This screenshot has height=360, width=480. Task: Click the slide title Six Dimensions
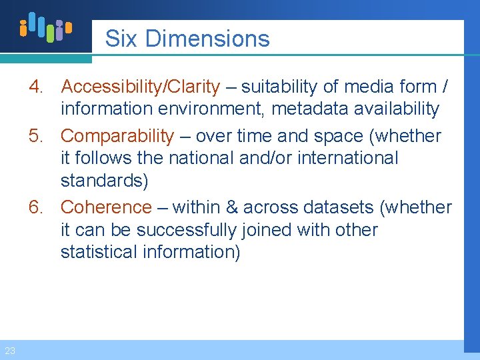[x=187, y=39]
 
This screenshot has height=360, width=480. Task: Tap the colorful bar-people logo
[x=45, y=27]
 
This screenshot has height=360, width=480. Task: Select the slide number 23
[x=9, y=351]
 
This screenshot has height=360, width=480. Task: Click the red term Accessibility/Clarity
[x=140, y=87]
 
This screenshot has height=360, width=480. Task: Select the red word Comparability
[x=117, y=136]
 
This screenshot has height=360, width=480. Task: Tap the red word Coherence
[x=106, y=207]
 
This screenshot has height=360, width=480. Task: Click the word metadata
[x=309, y=109]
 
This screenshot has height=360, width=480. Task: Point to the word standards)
[x=105, y=181]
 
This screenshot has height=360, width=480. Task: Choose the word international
[x=345, y=159]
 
